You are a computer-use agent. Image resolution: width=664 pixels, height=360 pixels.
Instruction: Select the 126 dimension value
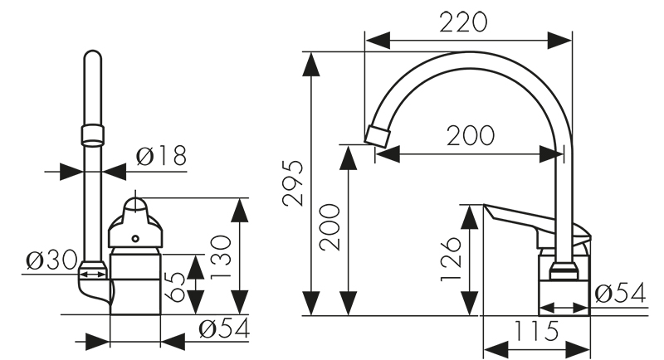point(450,257)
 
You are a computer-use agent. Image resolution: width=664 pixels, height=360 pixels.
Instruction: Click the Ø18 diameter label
point(161,155)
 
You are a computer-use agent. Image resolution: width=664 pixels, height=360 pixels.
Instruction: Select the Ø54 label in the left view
point(223,329)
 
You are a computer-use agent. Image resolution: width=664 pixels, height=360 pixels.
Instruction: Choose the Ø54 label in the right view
point(621,293)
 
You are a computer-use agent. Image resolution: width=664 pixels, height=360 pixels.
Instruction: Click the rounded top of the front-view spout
point(93,56)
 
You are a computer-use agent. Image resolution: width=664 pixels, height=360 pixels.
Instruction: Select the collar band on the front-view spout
point(93,134)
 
